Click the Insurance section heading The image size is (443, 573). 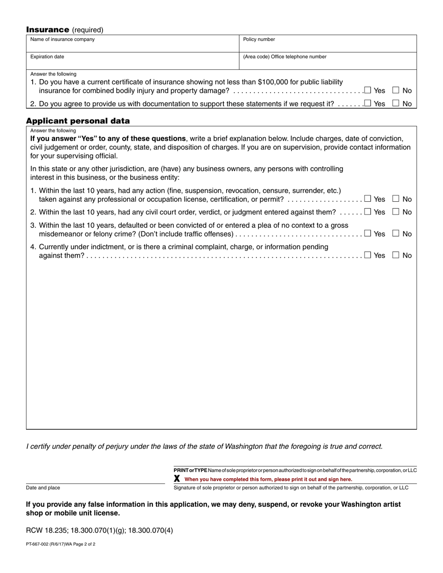click(x=48, y=30)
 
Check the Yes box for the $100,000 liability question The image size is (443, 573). click(x=367, y=90)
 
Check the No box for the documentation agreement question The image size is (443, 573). click(x=396, y=103)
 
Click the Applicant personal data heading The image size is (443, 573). click(x=78, y=121)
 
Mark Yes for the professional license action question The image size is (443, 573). click(x=367, y=198)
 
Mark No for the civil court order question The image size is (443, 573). click(x=396, y=211)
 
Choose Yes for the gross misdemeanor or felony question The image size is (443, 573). click(x=367, y=233)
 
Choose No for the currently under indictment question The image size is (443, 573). click(x=396, y=255)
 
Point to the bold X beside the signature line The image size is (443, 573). click(x=177, y=478)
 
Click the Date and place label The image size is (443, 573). click(x=43, y=488)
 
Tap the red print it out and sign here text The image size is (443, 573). click(x=268, y=479)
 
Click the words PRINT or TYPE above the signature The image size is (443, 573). click(x=190, y=471)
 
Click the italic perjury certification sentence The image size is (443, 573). click(x=204, y=446)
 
